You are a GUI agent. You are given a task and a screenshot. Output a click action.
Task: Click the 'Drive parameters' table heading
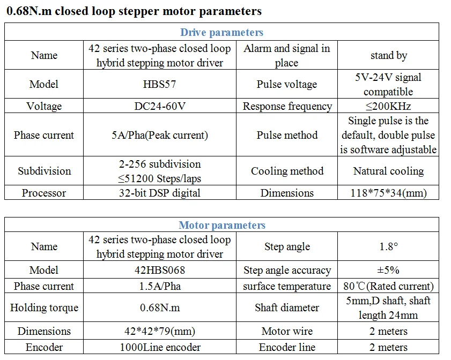(x=221, y=33)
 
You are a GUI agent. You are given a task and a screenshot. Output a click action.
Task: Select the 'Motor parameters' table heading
(x=221, y=225)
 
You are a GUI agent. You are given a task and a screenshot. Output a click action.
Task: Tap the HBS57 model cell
(x=160, y=84)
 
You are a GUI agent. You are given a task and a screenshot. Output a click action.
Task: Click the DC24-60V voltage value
(x=160, y=106)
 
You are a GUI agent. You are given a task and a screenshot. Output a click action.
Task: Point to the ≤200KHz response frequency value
(x=388, y=106)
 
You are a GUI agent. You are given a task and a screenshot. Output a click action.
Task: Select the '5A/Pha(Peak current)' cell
(x=160, y=135)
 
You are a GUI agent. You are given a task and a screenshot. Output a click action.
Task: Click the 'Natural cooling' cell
(x=388, y=171)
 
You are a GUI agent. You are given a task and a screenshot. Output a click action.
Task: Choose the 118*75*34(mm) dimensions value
(x=388, y=193)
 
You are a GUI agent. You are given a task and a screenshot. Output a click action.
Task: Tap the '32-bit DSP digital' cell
(x=160, y=193)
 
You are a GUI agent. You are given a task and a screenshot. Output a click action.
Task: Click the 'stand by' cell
(x=388, y=55)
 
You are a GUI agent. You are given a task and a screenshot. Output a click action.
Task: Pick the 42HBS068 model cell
(x=160, y=270)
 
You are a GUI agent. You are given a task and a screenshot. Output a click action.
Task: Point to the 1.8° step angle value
(x=388, y=247)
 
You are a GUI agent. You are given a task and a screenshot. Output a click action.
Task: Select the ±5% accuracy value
(x=388, y=270)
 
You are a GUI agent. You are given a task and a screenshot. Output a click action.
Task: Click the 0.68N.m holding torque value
(x=160, y=307)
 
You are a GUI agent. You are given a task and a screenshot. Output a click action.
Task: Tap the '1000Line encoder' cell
(x=160, y=347)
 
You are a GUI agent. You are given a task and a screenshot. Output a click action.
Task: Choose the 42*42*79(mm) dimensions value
(x=160, y=331)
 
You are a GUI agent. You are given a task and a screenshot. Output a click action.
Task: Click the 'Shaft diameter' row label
(x=287, y=307)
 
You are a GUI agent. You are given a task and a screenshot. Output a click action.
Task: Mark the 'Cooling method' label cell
(x=287, y=171)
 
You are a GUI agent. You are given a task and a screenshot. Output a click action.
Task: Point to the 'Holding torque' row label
(x=44, y=307)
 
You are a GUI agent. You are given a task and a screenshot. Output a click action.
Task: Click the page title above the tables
(x=134, y=11)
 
